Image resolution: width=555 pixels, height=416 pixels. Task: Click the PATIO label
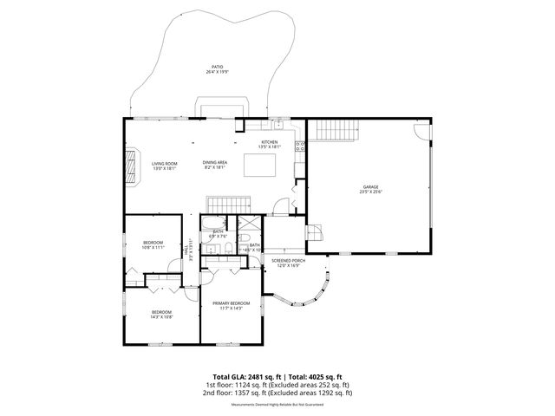point(216,67)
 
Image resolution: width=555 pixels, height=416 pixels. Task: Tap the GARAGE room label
point(370,187)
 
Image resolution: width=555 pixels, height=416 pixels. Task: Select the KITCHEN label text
point(270,142)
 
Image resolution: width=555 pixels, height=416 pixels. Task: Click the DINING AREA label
point(215,163)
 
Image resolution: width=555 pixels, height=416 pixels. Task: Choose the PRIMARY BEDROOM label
point(232,302)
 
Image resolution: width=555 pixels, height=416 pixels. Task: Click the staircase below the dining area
point(227,204)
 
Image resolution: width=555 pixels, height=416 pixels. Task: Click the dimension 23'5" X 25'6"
point(370,192)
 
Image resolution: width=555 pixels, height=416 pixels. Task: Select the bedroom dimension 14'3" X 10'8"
point(162,317)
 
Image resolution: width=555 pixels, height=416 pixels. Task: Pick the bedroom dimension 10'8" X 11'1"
point(153,248)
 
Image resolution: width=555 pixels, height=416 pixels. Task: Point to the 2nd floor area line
point(277,393)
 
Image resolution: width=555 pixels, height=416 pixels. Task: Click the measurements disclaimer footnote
point(277,405)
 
